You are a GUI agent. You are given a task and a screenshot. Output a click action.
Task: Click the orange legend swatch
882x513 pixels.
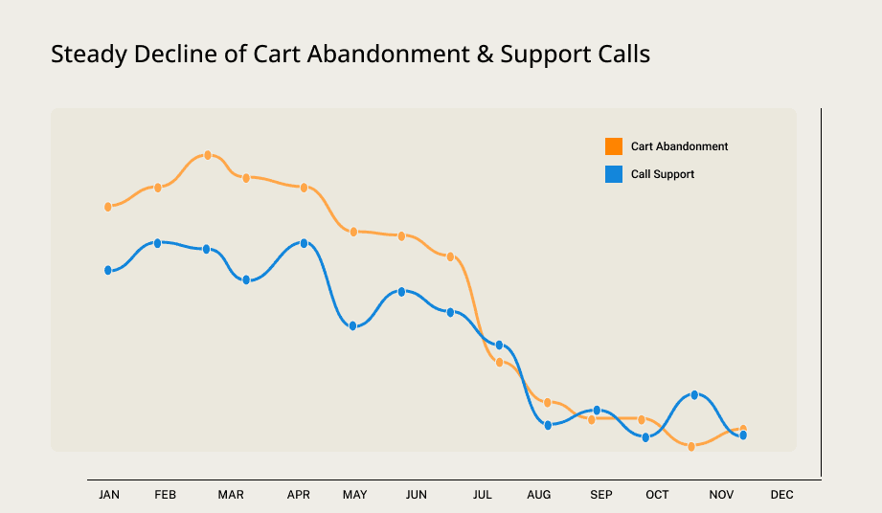614,146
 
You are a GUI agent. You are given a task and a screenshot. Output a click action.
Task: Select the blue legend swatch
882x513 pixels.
614,174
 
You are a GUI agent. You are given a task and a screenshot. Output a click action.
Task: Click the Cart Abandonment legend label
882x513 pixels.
679,146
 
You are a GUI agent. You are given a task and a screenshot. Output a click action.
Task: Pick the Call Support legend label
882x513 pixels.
663,174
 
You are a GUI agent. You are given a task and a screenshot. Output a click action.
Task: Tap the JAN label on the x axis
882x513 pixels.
109,495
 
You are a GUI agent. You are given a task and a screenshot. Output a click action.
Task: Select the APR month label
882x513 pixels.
299,495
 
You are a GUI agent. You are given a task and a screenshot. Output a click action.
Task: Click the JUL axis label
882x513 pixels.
482,495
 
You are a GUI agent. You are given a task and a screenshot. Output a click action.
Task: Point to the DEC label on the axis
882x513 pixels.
781,495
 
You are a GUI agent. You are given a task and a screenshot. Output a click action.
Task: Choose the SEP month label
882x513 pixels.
601,495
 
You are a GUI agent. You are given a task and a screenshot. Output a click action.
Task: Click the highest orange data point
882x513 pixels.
208,155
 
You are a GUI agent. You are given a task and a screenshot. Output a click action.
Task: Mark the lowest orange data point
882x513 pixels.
691,446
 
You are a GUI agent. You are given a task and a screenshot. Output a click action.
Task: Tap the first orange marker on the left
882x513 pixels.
108,206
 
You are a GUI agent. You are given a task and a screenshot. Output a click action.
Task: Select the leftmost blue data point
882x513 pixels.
108,271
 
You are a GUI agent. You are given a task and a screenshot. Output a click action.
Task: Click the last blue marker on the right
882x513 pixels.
743,435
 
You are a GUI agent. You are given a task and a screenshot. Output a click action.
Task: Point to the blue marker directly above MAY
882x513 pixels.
352,326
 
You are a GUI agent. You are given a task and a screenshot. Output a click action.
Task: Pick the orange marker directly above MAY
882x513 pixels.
353,232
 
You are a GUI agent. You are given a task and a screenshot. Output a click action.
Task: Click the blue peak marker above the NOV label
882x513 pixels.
694,394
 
